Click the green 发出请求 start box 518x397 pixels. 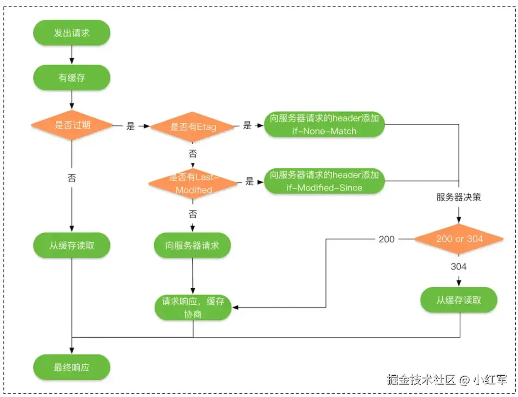click(x=72, y=33)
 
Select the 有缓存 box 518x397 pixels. click(x=72, y=78)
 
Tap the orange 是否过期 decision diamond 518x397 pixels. click(x=72, y=125)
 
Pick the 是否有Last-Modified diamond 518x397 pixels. click(x=193, y=183)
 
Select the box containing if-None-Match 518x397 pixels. click(x=324, y=125)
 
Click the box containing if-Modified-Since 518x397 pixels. click(x=324, y=181)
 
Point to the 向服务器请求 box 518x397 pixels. click(x=192, y=245)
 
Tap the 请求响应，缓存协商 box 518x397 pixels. click(x=193, y=307)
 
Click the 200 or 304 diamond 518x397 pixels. click(x=459, y=239)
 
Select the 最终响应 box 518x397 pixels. click(x=72, y=368)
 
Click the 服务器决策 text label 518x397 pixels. click(x=459, y=197)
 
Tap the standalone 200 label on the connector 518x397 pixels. click(x=386, y=239)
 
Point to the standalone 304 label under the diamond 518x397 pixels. click(x=458, y=266)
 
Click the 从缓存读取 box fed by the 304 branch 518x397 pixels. click(x=459, y=300)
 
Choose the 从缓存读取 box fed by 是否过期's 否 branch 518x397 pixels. click(x=72, y=245)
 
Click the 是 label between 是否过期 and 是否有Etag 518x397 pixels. click(x=131, y=126)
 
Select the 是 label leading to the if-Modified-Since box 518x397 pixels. click(x=250, y=181)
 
